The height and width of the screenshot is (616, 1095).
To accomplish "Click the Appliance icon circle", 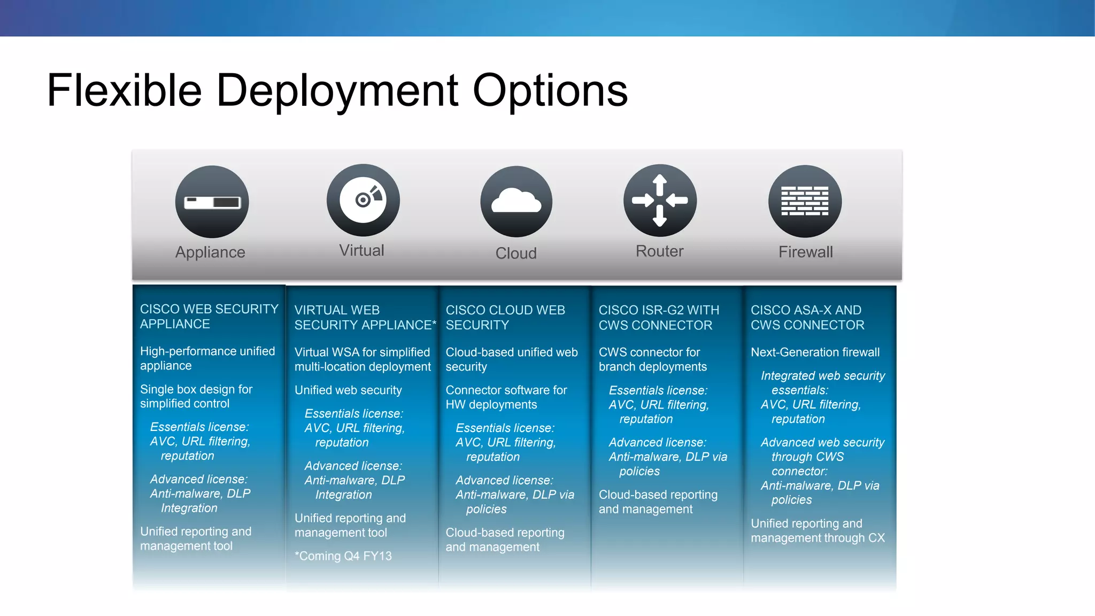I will pyautogui.click(x=212, y=202).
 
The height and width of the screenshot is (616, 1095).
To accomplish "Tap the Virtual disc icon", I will pyautogui.click(x=363, y=200).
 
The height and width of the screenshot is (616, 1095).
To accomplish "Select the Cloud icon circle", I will pyautogui.click(x=516, y=202).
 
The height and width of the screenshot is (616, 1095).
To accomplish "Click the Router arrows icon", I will pyautogui.click(x=660, y=201).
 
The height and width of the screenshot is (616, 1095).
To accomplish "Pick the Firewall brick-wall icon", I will pyautogui.click(x=805, y=201).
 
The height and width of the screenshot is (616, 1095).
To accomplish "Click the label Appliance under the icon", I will pyautogui.click(x=210, y=252).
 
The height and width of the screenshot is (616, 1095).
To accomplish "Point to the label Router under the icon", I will pyautogui.click(x=659, y=251).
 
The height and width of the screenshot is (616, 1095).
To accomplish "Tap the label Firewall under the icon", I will pyautogui.click(x=805, y=252).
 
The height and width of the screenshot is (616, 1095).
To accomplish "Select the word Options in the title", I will pyautogui.click(x=550, y=91).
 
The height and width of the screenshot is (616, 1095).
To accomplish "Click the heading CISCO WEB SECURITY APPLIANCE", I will pyautogui.click(x=209, y=317).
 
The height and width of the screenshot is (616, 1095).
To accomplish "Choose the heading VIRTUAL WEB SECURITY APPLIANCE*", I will pyautogui.click(x=365, y=318).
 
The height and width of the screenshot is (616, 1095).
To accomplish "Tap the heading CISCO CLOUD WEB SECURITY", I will pyautogui.click(x=505, y=318).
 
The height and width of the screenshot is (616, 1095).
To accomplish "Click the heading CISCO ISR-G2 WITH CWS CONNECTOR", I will pyautogui.click(x=659, y=318).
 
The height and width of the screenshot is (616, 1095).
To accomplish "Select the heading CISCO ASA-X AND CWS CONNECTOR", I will pyautogui.click(x=807, y=318).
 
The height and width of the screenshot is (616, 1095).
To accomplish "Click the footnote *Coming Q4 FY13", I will pyautogui.click(x=343, y=556).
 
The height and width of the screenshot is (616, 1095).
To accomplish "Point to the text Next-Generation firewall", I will pyautogui.click(x=815, y=352).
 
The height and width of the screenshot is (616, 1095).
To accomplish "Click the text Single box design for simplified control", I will pyautogui.click(x=196, y=396).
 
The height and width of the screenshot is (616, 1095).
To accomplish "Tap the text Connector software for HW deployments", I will pyautogui.click(x=506, y=397).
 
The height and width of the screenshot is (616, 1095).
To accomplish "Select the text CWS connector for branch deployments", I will pyautogui.click(x=652, y=359).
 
